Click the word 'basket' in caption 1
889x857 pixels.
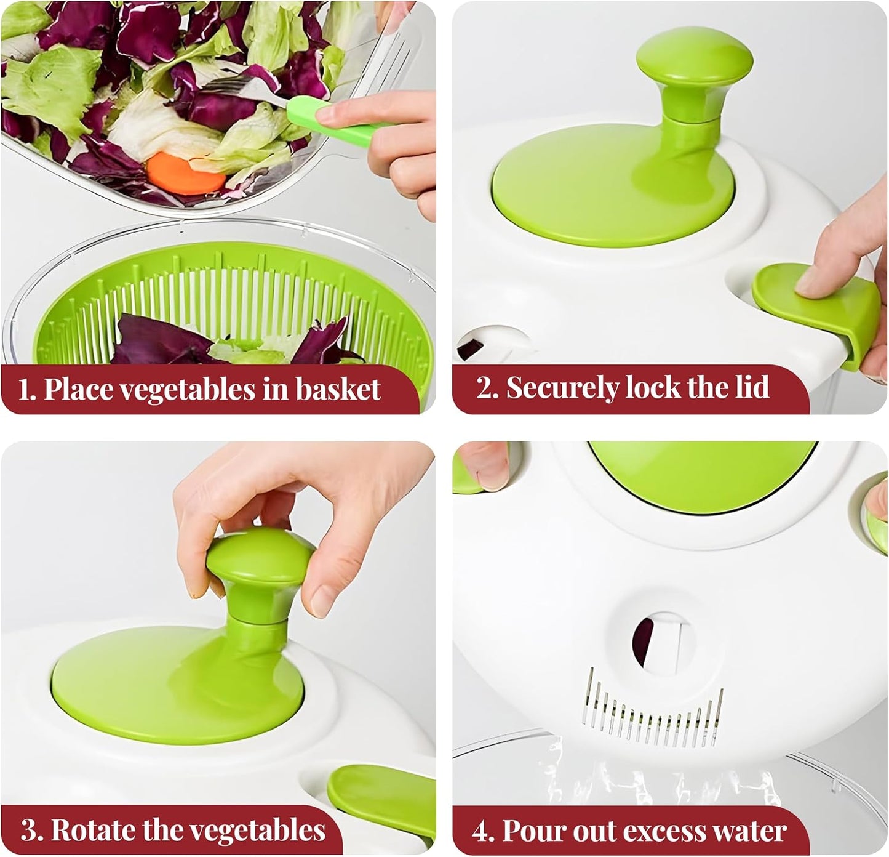pos(338,390)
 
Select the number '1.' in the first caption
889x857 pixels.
pos(28,390)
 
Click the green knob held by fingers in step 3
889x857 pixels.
pos(258,566)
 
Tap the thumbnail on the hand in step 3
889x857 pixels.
pos(321,600)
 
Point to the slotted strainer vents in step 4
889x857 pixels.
pos(652,708)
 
